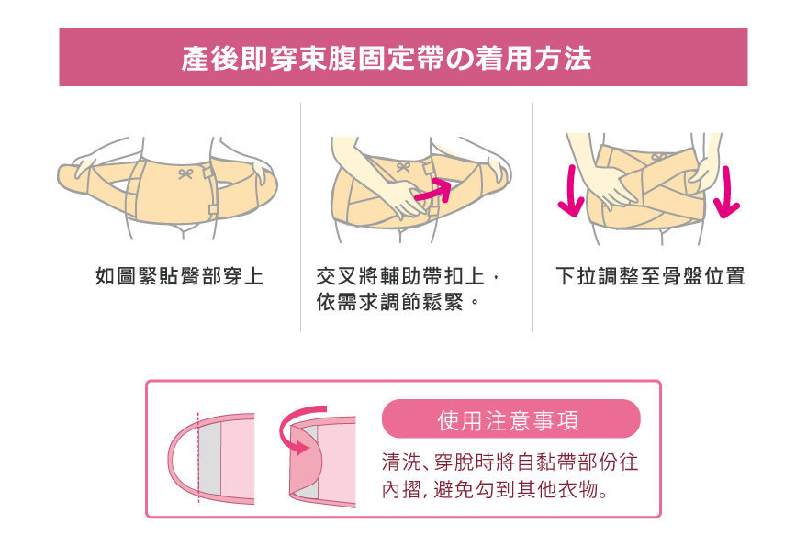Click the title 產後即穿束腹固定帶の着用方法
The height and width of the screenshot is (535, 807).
point(386,58)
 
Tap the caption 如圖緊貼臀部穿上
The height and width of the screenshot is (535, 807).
point(180,276)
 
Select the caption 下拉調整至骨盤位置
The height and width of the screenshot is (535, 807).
point(650,276)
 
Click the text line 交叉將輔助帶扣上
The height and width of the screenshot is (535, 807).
point(401,276)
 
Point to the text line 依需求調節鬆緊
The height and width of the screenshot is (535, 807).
point(389,302)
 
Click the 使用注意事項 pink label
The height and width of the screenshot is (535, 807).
point(511,418)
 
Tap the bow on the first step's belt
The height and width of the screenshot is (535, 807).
point(185,173)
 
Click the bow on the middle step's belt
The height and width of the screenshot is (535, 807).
point(404,167)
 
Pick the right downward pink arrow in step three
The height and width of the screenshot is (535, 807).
point(726,193)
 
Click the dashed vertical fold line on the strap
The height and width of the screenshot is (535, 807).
point(198,457)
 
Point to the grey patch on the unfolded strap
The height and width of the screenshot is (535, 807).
point(209,457)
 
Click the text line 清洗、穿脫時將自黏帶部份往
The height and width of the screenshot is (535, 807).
point(510,462)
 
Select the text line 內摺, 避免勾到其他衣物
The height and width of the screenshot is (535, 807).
point(495,489)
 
